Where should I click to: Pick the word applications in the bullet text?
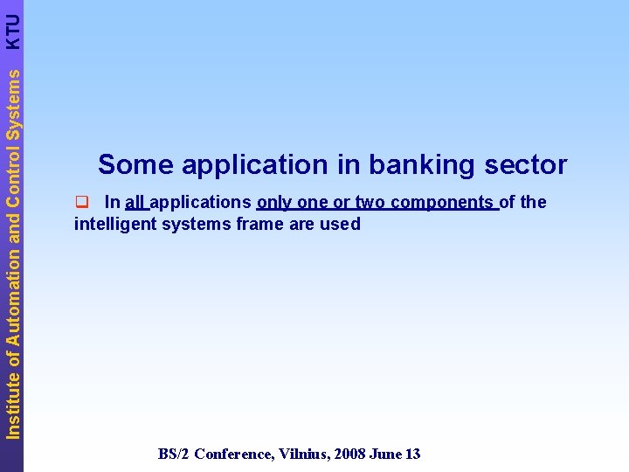(202, 203)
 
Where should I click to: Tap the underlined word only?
(274, 203)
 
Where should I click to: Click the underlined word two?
(370, 203)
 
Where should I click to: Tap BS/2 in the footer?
(174, 454)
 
